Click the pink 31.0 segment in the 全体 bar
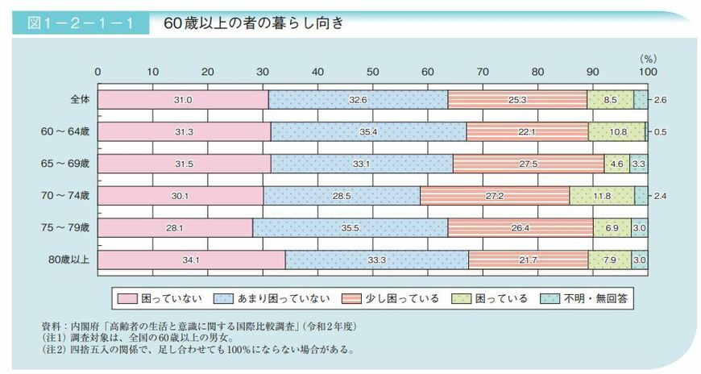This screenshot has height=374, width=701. click(x=182, y=99)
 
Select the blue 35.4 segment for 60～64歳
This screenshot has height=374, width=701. click(x=368, y=131)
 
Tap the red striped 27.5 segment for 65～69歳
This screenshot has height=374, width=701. click(x=529, y=163)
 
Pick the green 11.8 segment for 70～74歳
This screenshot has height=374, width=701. click(x=602, y=195)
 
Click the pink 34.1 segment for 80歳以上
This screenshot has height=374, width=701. click(x=191, y=259)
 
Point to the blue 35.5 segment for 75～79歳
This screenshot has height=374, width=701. click(x=350, y=227)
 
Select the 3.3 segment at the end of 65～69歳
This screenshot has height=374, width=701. click(x=637, y=163)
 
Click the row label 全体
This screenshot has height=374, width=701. click(x=80, y=99)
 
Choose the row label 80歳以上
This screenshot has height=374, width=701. click(x=73, y=259)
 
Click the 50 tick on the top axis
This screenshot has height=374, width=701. click(x=371, y=72)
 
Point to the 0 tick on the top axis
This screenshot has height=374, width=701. click(x=97, y=72)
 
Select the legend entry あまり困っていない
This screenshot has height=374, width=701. click(x=282, y=298)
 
